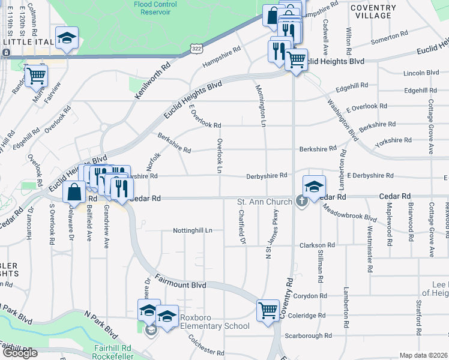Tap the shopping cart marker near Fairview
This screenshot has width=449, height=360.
point(36,76)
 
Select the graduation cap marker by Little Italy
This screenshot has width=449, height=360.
point(67,38)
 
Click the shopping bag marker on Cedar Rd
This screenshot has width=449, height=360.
point(74,192)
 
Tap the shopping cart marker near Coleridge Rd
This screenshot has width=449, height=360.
point(268,310)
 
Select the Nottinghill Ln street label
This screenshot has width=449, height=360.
point(193,230)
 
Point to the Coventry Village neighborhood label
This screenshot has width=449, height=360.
point(373,11)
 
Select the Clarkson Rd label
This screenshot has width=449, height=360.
point(318,245)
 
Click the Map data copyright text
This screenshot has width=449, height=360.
point(423,355)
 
